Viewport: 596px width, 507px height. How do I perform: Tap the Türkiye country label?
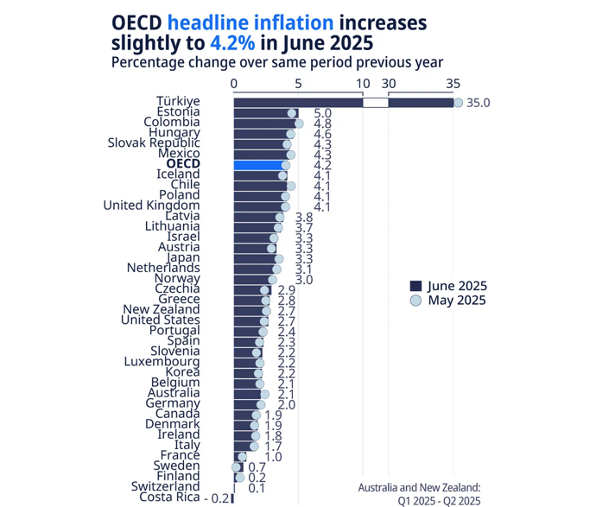tap(178, 102)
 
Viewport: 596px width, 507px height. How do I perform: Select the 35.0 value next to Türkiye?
tap(479, 103)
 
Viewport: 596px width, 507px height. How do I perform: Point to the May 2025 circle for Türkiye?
tap(458, 103)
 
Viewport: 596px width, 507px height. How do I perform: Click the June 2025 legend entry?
tap(447, 286)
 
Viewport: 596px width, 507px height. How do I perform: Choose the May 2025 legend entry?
tap(447, 301)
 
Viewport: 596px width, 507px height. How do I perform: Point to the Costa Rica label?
tap(169, 497)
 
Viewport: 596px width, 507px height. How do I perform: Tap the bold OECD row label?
tap(182, 164)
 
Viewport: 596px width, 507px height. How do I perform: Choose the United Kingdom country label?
tap(151, 206)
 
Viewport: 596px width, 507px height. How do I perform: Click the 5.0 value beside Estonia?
tap(323, 113)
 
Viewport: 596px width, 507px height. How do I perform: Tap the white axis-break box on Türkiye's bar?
tap(376, 103)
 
